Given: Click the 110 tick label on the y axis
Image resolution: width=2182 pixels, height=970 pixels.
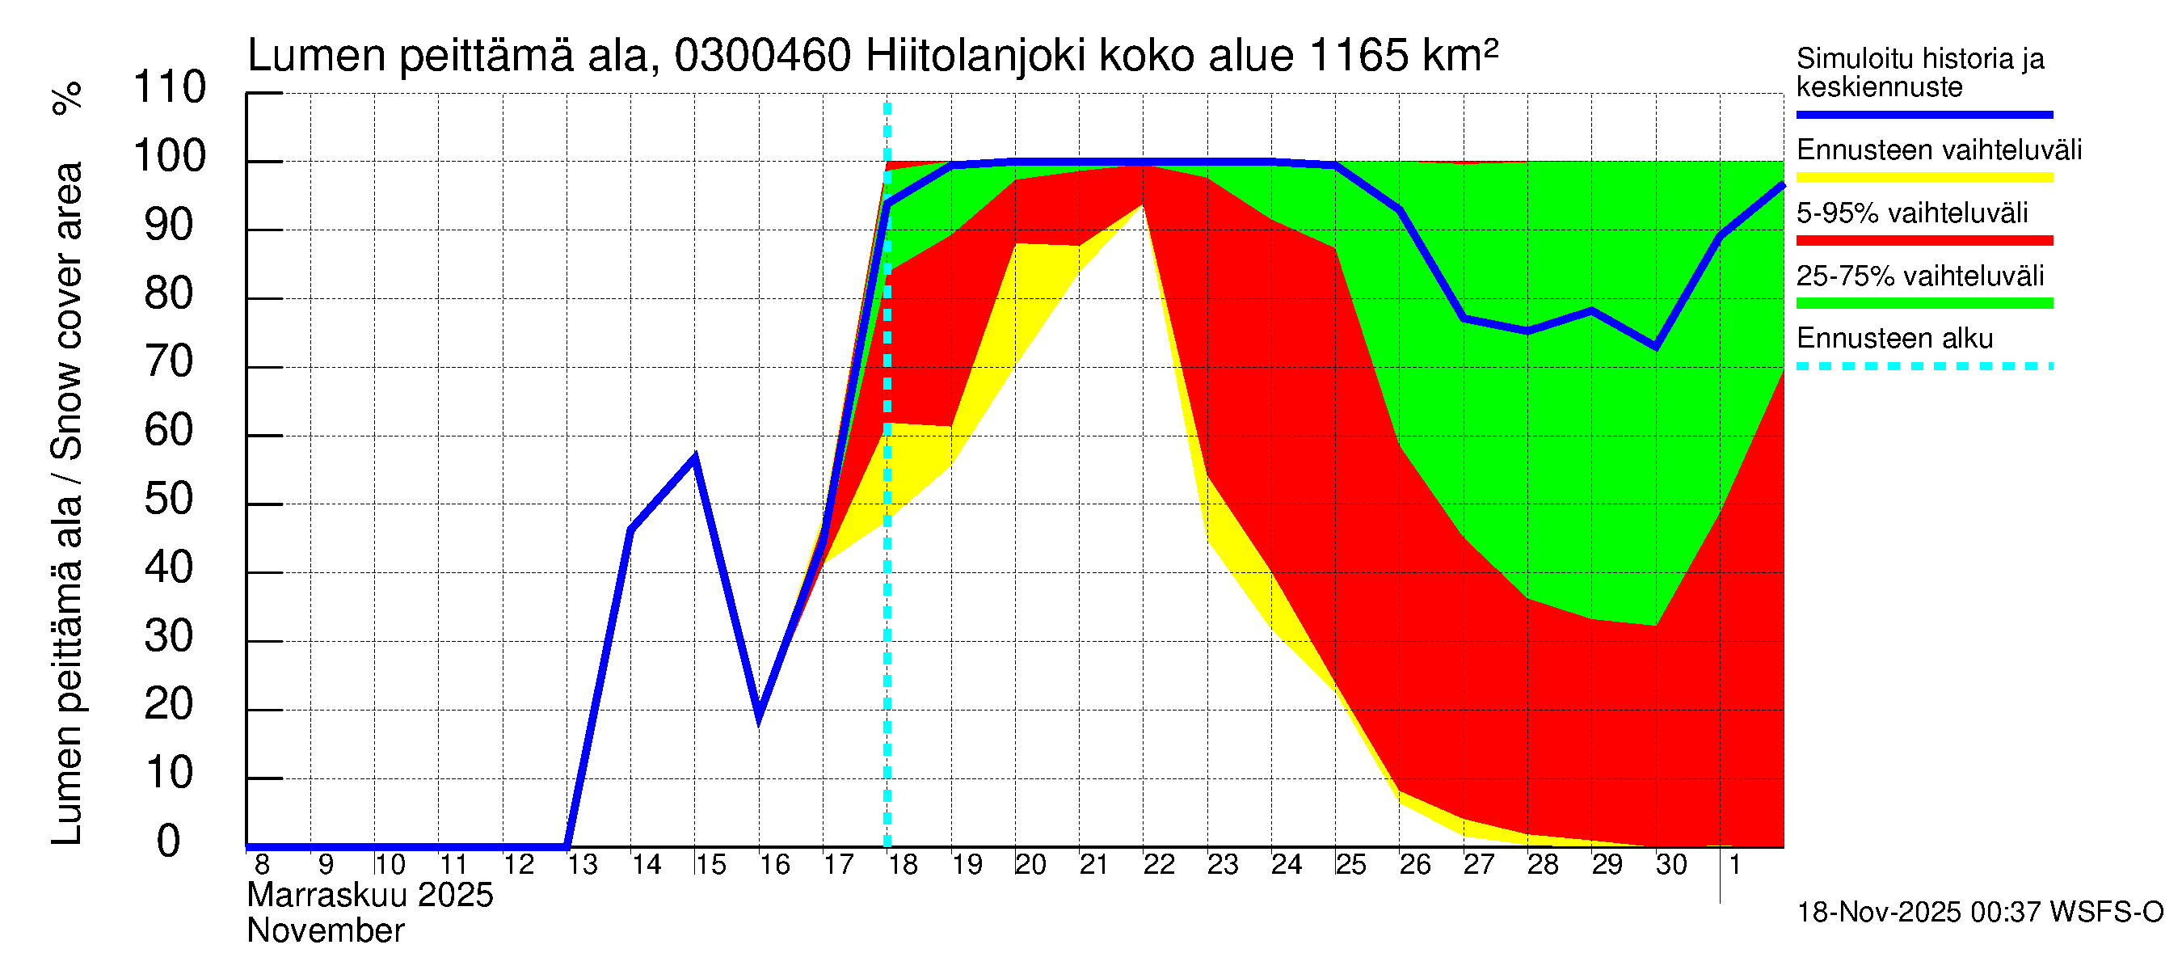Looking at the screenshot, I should pos(170,87).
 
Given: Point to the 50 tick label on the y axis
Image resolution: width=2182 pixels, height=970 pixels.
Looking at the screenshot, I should pos(170,499).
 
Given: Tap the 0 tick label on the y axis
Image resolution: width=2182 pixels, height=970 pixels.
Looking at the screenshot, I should pos(170,841).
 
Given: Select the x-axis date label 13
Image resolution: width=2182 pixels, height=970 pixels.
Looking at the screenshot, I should pos(582,865).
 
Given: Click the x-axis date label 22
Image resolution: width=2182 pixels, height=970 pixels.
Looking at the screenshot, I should pos(1159,865).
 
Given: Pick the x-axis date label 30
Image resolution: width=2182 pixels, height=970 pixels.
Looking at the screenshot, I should pos(1671,865).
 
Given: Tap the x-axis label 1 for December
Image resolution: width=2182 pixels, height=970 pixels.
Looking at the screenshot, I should pos(1735,865).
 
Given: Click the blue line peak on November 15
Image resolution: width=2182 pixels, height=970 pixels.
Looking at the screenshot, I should pos(694,458).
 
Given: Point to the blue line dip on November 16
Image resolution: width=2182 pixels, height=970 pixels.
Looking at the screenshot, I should pos(759,717).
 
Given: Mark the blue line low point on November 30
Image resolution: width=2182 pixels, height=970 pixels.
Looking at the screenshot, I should pos(1656,347).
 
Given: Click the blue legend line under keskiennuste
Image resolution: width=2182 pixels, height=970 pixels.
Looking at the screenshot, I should pos(1923,114).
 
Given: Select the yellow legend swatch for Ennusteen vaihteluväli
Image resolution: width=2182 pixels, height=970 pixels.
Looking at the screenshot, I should pos(1923,178).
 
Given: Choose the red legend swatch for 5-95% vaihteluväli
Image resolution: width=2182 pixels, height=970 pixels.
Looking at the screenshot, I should pos(1923,241).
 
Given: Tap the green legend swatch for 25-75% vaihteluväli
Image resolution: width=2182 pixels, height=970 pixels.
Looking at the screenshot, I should pos(1923,303).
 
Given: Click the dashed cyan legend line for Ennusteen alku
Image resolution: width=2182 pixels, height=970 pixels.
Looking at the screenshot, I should pos(1923,367).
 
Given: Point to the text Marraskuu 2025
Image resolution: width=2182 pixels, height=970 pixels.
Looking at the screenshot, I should pos(370,896).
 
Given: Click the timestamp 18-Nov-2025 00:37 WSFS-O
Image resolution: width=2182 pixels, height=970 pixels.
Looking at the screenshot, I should pos(1979,913).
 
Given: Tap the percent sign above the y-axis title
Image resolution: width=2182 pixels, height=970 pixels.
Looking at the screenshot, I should pos(67,98).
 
